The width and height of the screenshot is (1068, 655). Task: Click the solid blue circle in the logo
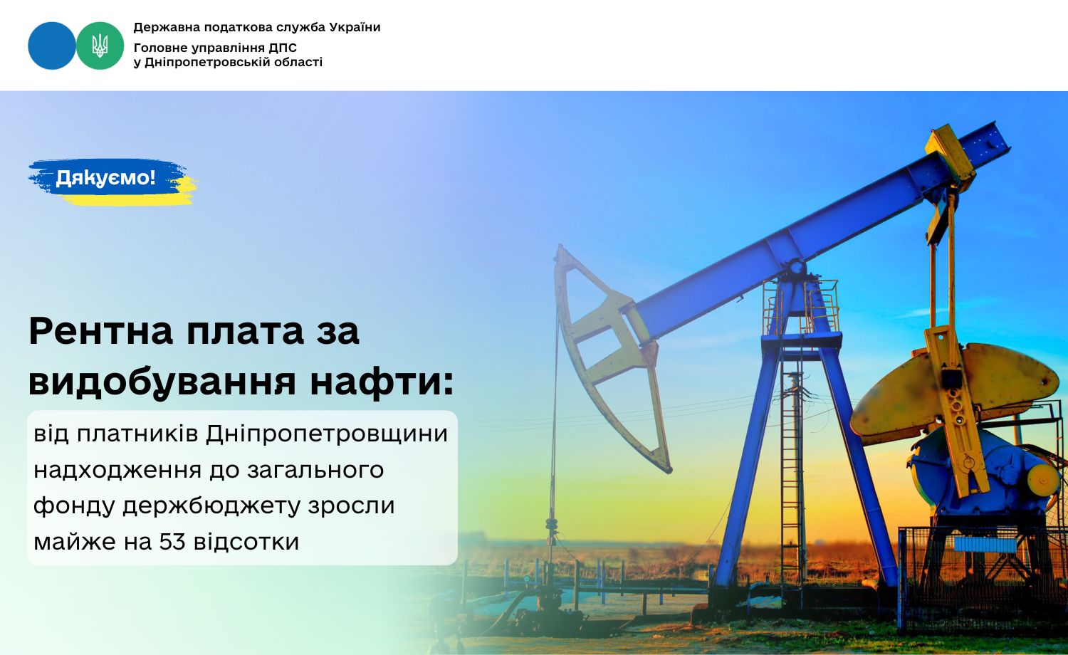point(52,46)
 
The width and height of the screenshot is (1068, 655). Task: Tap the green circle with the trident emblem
point(100,46)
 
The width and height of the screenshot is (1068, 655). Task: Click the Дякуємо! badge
point(112,182)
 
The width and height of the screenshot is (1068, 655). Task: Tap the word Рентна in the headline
point(101,330)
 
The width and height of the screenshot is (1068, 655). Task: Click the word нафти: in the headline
point(382,382)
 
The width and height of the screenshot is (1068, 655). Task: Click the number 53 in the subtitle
point(172,542)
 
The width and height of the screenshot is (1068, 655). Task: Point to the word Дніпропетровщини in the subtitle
point(327,434)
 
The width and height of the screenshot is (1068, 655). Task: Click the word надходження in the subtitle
point(117,471)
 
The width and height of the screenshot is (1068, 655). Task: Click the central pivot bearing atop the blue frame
point(797,266)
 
